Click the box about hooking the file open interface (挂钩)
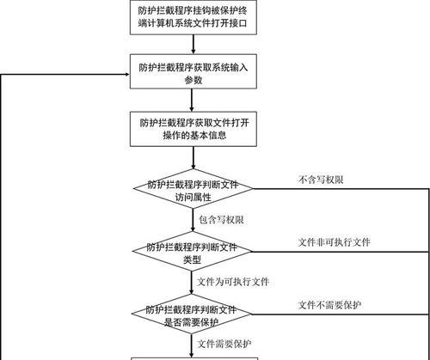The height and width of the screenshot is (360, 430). click(193, 17)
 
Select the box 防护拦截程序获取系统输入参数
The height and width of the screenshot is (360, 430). click(193, 71)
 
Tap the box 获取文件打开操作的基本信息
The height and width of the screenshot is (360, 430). click(193, 129)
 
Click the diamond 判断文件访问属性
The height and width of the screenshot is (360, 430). click(193, 189)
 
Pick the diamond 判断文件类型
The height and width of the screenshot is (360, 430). click(192, 252)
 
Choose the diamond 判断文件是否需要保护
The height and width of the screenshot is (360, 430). click(192, 314)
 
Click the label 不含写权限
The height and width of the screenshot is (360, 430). click(321, 180)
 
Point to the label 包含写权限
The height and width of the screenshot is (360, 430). click(221, 220)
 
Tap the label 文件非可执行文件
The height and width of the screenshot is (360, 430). click(335, 242)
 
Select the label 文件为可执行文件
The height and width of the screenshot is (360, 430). click(233, 282)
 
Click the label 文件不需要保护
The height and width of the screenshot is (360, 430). click(329, 305)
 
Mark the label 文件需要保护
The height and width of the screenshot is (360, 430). click(224, 344)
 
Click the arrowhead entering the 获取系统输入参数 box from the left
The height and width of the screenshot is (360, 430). click(127, 75)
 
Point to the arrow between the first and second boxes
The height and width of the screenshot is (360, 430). click(193, 45)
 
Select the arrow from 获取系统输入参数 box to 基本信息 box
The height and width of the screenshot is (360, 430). click(192, 101)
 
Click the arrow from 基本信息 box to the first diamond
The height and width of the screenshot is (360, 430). click(193, 158)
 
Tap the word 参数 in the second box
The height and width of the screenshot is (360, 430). click(193, 80)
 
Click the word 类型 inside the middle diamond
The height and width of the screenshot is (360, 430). click(192, 259)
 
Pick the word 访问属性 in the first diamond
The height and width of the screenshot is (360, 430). click(193, 197)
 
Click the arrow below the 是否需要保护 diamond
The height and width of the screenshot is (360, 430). click(192, 345)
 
